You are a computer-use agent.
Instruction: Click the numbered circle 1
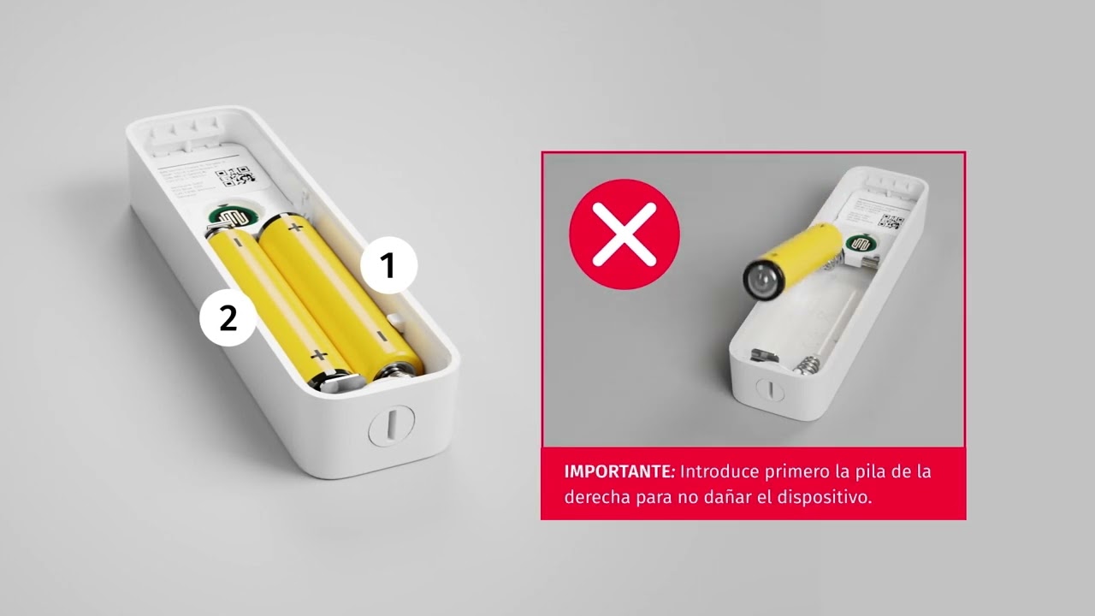(x=388, y=266)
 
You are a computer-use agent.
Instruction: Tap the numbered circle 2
(x=228, y=318)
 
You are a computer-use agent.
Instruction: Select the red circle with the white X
(x=624, y=234)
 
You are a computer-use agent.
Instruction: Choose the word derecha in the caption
(x=593, y=497)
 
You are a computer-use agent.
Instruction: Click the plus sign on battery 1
(x=296, y=227)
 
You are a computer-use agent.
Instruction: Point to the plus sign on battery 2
(x=319, y=354)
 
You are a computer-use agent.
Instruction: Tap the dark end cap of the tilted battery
(x=759, y=278)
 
